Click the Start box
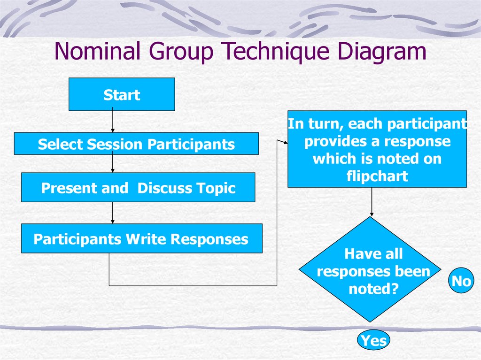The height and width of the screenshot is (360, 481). click(122, 94)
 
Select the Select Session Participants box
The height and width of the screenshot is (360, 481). click(136, 144)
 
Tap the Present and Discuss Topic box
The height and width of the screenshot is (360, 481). click(138, 188)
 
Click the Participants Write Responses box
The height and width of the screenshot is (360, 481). click(141, 239)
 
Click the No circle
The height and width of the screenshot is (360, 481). click(461, 282)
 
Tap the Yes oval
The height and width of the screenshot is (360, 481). click(374, 340)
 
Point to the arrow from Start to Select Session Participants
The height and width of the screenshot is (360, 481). click(113, 122)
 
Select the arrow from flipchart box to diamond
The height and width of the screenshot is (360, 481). click(372, 202)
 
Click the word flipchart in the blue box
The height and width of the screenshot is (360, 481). click(377, 176)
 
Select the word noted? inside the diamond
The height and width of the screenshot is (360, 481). click(373, 289)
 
